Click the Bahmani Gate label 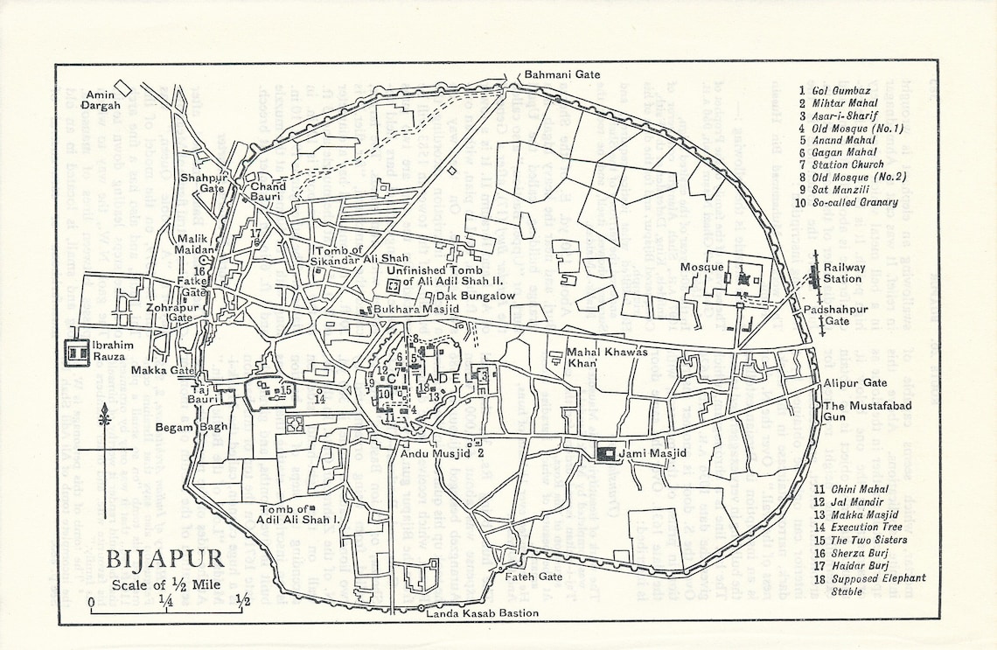pos(563,74)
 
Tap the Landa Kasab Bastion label pos(482,614)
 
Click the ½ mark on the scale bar pos(242,600)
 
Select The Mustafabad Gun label pos(864,412)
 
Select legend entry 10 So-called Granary pos(847,202)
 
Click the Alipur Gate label pos(854,383)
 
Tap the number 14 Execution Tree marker pos(319,399)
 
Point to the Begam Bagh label pos(180,427)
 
